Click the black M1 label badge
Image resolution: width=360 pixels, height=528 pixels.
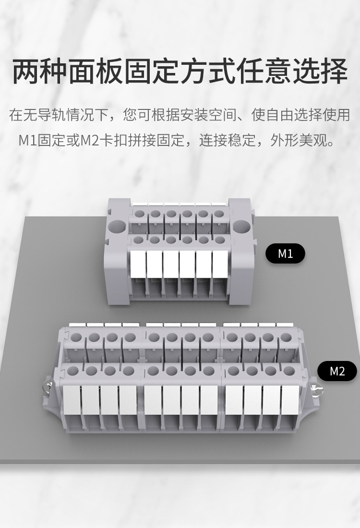[x=285, y=253]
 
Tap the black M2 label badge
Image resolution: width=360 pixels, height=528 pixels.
[x=337, y=371]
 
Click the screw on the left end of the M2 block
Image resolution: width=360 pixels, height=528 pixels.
[x=48, y=384]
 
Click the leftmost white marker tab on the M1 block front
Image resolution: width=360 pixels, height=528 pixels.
[x=138, y=264]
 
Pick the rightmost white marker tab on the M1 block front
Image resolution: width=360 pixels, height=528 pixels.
[x=220, y=264]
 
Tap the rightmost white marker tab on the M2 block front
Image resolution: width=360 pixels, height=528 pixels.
[x=290, y=401]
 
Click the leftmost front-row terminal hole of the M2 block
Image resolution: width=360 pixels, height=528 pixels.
[x=73, y=371]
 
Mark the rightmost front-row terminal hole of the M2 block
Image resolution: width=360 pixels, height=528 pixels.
[x=288, y=371]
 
